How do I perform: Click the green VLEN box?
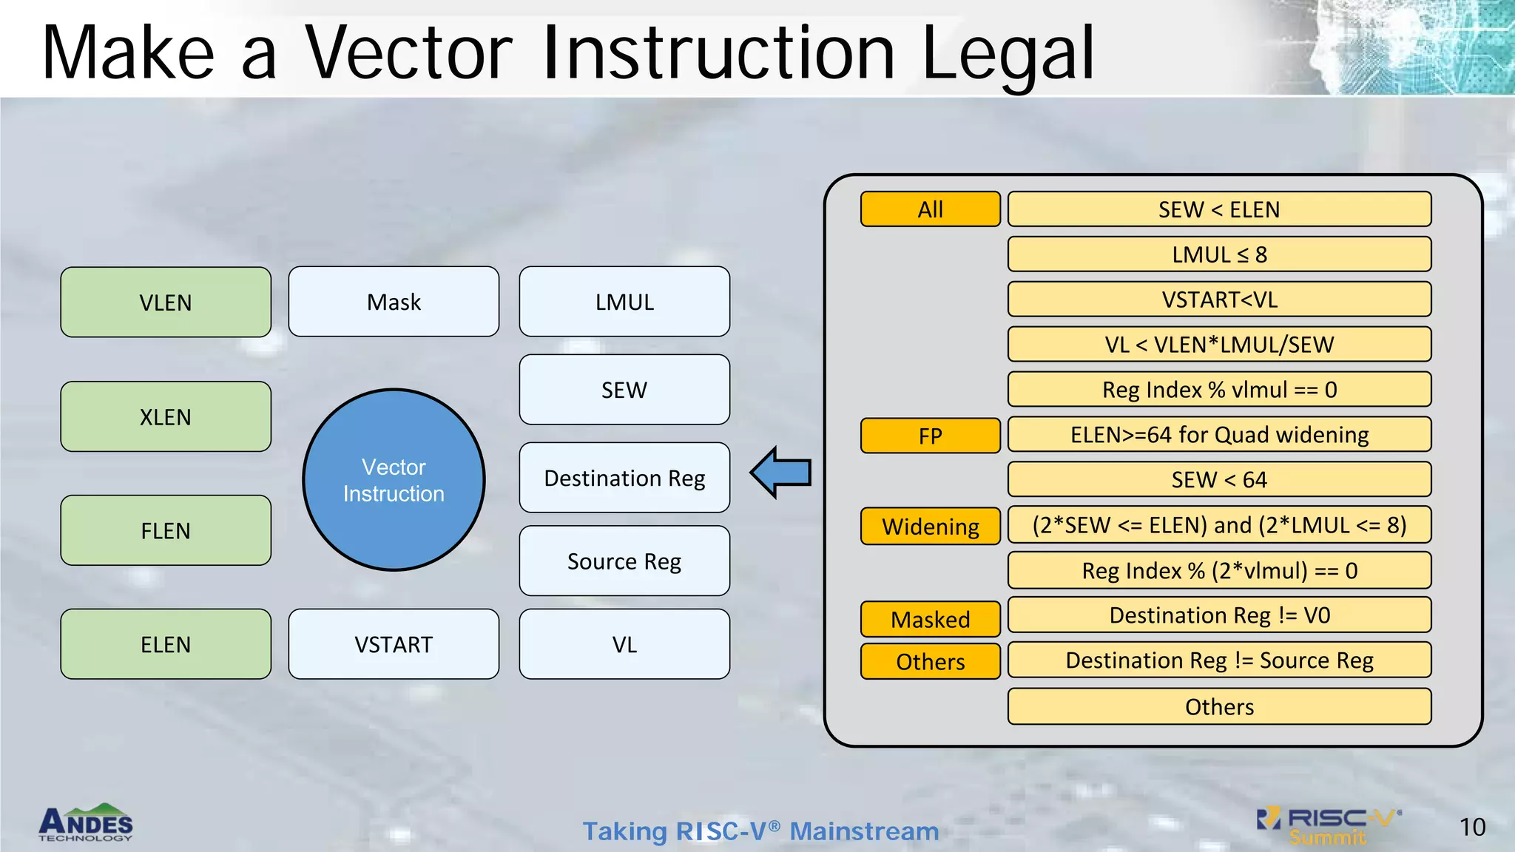166,302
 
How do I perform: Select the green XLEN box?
166,417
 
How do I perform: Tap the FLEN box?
166,531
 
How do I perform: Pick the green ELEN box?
166,645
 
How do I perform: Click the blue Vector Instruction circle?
394,480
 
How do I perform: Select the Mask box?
394,302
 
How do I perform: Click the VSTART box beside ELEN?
394,645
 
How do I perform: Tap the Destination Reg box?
624,479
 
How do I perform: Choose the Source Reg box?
624,561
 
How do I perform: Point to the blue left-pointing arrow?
781,472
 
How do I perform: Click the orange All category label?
930,209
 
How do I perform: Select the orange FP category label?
930,436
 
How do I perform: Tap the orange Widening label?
930,527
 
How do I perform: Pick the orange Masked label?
930,619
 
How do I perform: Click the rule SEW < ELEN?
1219,209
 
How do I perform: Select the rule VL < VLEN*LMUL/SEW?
1219,345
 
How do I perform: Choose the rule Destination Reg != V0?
1219,615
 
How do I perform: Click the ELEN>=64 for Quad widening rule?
1219,435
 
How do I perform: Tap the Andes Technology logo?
86,822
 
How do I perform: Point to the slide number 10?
1472,827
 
